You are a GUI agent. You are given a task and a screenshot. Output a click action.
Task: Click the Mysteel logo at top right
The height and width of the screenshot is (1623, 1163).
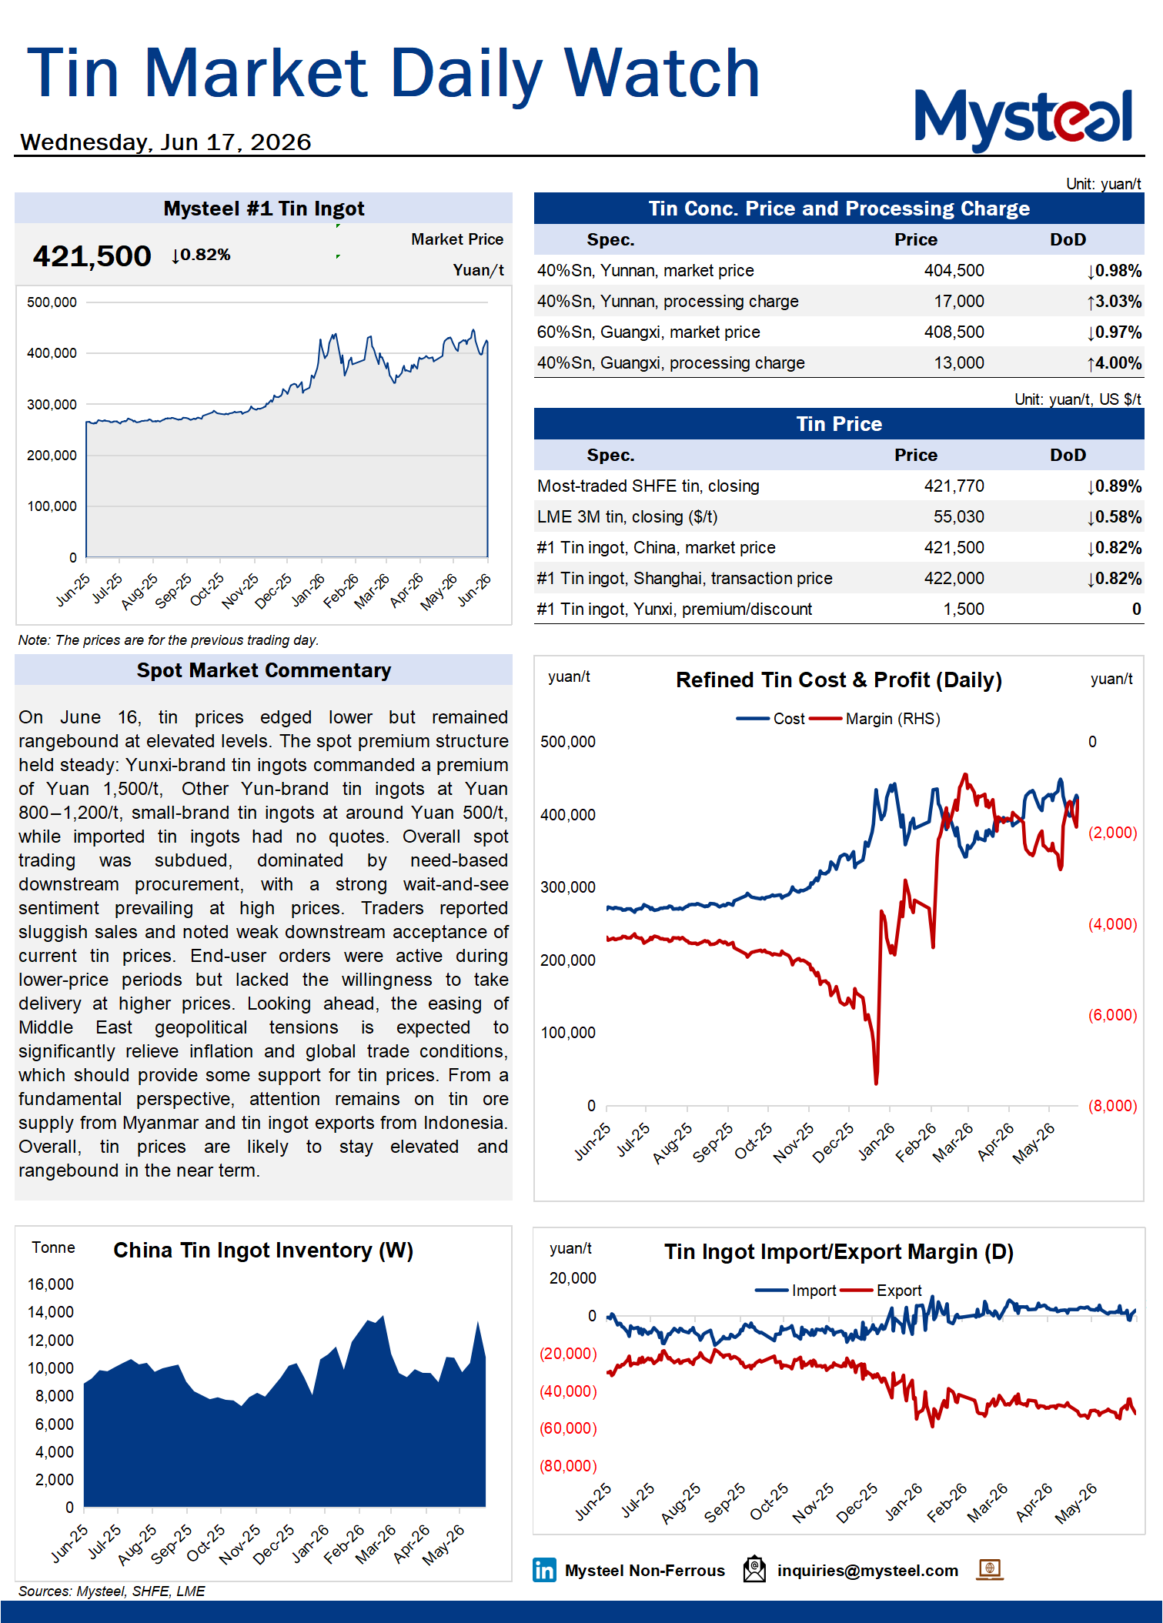point(1023,119)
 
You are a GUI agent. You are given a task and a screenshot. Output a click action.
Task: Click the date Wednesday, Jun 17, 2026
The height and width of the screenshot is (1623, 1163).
point(165,142)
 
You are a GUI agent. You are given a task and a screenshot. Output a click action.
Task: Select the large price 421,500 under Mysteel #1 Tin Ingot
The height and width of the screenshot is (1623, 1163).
point(92,256)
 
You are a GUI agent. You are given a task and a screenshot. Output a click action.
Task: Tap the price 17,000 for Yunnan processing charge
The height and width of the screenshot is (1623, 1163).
point(959,301)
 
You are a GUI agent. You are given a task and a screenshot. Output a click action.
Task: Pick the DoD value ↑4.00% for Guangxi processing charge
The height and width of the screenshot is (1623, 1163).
point(1114,362)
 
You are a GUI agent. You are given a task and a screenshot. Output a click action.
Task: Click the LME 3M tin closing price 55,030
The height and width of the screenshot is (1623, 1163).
point(959,516)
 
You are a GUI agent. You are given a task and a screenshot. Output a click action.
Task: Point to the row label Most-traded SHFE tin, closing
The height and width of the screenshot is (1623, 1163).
point(648,486)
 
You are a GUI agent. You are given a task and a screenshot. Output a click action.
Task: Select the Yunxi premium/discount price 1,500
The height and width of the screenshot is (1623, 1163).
point(964,609)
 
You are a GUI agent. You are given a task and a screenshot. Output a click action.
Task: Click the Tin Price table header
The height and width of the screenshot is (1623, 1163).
point(839,424)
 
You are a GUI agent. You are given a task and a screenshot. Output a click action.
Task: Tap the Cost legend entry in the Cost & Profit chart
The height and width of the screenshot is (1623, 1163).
point(770,719)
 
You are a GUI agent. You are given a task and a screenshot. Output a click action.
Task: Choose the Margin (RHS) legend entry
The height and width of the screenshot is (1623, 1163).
point(875,719)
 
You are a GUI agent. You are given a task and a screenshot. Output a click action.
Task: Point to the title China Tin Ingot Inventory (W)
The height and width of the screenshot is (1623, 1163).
point(263,1251)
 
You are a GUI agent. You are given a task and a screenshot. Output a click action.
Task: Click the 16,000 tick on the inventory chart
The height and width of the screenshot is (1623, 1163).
point(51,1284)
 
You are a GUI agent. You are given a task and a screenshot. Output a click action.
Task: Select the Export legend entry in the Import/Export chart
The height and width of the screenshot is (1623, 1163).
point(881,1291)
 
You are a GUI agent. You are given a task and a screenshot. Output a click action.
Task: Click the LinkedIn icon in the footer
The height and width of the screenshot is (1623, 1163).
point(544,1570)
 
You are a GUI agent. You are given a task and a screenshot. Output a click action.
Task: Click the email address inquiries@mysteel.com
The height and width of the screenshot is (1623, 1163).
point(867,1571)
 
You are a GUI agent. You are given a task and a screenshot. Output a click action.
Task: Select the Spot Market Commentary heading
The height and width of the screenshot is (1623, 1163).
point(264,670)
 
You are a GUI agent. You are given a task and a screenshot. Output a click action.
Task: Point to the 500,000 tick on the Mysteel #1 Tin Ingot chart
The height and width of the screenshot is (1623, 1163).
point(52,302)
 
